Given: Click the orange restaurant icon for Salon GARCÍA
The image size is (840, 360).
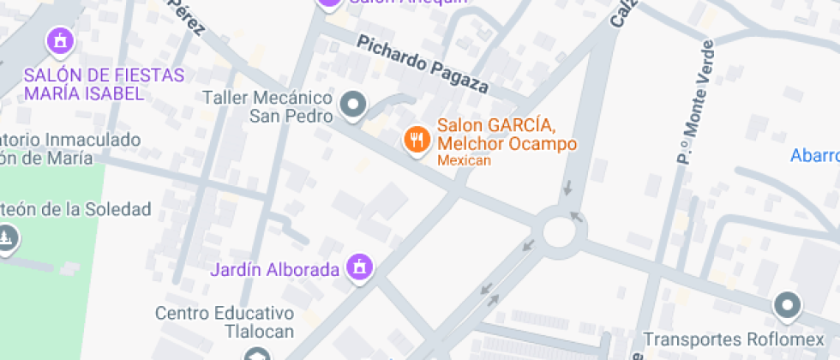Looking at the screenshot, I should point(417,140).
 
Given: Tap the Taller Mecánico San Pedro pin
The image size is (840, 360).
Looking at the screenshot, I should point(352,105).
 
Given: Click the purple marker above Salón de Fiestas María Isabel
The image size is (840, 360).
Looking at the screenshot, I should point(60,40).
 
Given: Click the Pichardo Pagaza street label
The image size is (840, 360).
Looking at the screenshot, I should point(423,64).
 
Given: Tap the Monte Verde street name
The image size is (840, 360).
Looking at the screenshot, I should point(694,101).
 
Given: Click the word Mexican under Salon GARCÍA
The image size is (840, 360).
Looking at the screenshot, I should point(464,160).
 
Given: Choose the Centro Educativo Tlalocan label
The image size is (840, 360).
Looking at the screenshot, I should point(225,322).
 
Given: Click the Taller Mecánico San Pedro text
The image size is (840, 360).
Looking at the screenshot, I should point(267,106).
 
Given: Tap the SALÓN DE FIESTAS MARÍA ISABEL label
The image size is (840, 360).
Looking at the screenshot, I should point(104,85).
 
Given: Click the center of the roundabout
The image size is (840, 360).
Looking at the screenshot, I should point(564,231).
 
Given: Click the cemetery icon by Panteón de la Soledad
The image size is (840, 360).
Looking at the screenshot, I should point(7,237).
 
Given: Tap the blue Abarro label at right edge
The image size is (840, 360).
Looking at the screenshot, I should point(814,155).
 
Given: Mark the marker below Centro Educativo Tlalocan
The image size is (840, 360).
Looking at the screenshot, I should point(255,354).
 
